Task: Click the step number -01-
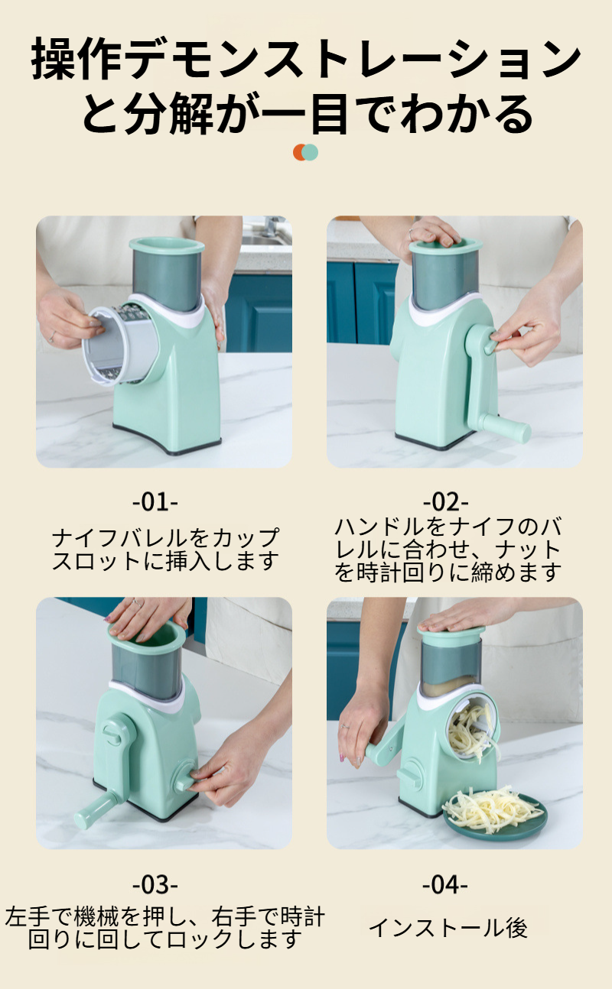coord(155,502)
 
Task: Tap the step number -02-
coord(445,502)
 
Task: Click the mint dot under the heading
coord(310,152)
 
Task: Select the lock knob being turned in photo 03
coord(186,780)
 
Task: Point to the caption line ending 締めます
coord(448,573)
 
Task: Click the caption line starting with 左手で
coord(164,916)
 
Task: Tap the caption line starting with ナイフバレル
coord(166,537)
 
